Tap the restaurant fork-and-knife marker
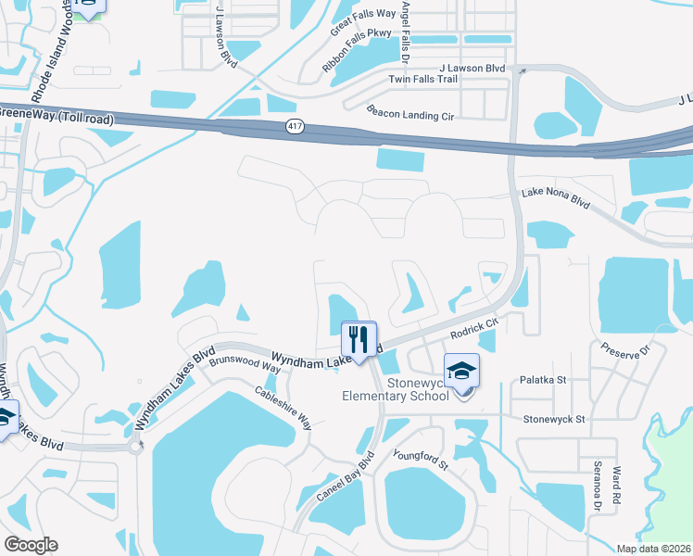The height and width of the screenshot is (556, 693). [358, 339]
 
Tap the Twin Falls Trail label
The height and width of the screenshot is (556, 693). [422, 80]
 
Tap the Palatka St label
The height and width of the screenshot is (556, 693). [542, 379]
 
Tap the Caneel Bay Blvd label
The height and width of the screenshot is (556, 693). [345, 478]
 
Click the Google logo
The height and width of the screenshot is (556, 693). [31, 545]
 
